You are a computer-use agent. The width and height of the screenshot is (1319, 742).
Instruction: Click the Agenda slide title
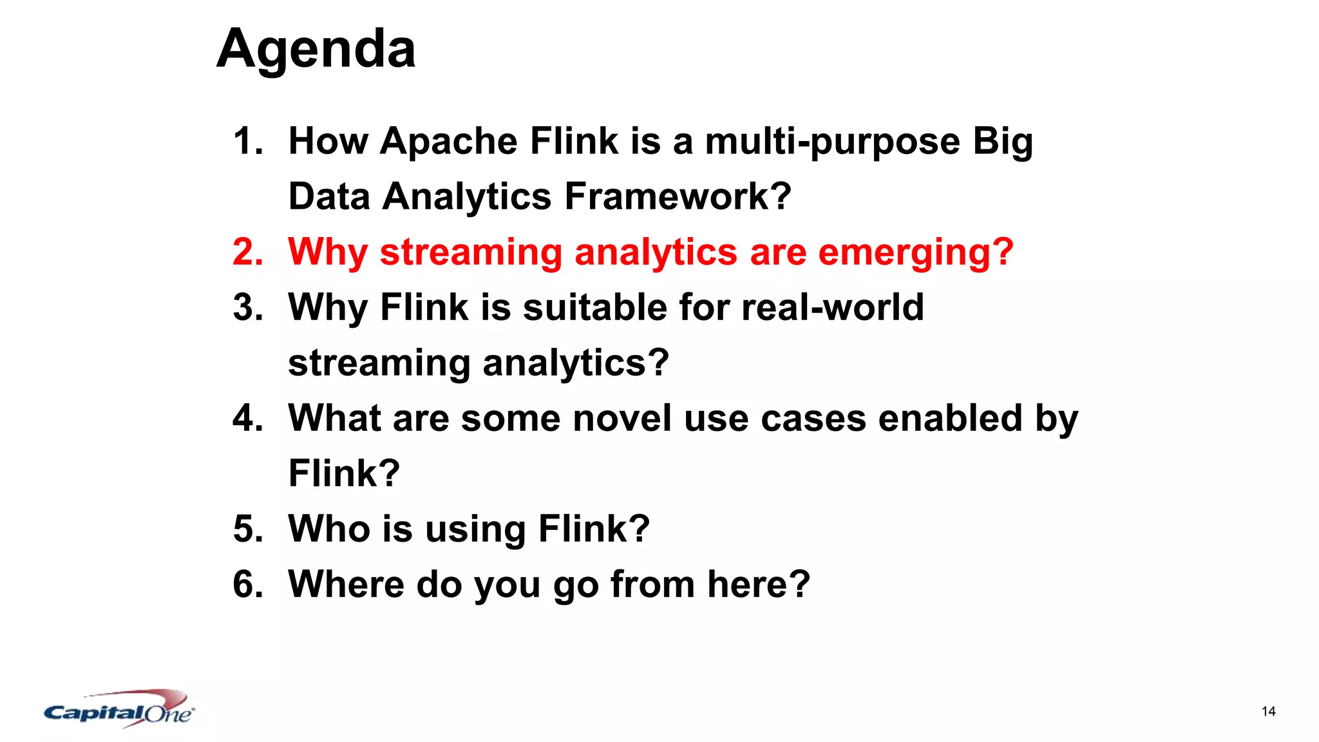[x=316, y=49]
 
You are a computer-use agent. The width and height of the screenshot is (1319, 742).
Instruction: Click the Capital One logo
[x=119, y=710]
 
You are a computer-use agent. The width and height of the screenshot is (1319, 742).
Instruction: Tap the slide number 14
[x=1268, y=711]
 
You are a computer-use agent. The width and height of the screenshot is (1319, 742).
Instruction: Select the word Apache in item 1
[x=448, y=141]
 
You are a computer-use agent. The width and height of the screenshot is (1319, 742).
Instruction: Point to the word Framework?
[x=678, y=196]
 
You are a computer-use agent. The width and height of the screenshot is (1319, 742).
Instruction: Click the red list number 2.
[x=248, y=252]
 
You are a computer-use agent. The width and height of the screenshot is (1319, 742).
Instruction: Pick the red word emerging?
[x=915, y=252]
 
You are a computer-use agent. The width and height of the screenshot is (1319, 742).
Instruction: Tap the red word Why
[x=327, y=252]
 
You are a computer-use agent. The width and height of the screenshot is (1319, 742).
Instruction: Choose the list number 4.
[x=248, y=418]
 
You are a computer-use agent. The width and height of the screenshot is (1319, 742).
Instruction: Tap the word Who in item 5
[x=328, y=529]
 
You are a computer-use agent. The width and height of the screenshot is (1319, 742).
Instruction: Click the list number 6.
[x=248, y=584]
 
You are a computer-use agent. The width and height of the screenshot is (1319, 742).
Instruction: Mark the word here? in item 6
[x=758, y=584]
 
